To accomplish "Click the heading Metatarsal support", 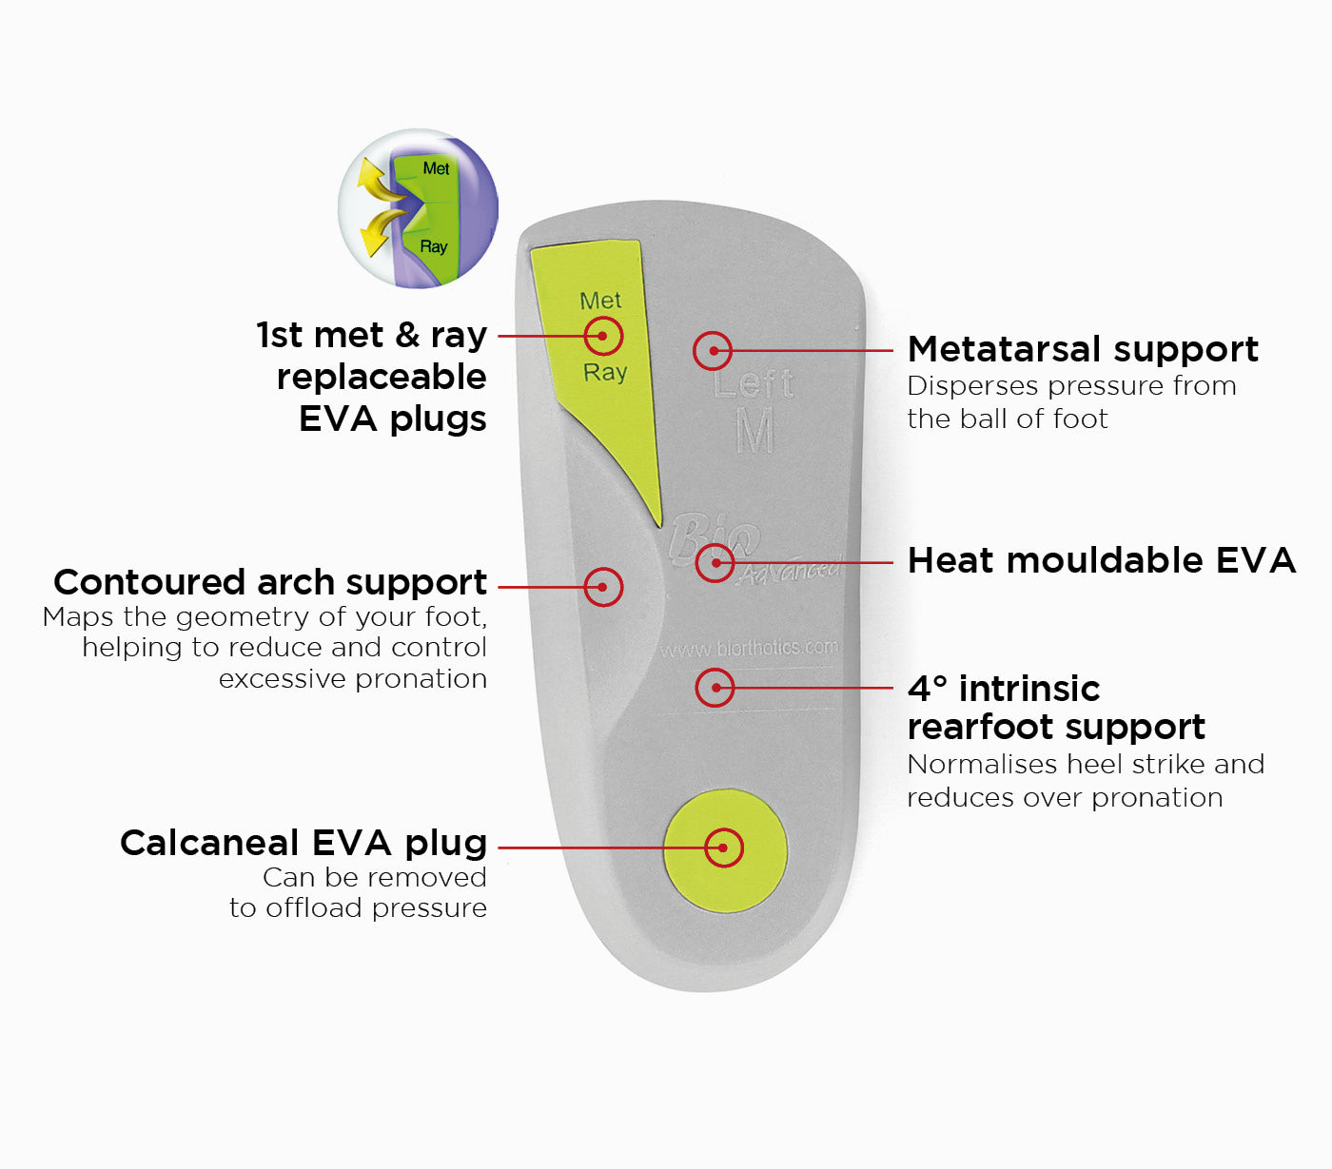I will (1083, 349).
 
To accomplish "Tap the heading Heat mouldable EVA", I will (1102, 560).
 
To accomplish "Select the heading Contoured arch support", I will (270, 582).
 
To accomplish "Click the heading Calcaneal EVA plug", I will (304, 843).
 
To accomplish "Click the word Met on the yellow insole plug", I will (600, 301).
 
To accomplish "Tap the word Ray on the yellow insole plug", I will (605, 372).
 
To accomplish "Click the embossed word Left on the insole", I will (753, 384).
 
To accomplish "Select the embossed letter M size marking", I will (755, 432).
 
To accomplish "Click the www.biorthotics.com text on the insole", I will (750, 649).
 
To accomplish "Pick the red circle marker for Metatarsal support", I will (713, 351).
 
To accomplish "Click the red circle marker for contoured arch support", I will (603, 587).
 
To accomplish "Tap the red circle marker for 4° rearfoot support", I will (715, 688).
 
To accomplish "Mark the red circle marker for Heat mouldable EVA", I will (715, 563).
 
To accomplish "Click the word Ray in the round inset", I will (434, 246).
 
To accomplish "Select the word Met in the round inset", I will (436, 168).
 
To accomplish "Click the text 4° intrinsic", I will (1004, 689).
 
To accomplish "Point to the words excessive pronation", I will (353, 679).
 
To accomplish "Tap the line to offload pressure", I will (358, 908).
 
